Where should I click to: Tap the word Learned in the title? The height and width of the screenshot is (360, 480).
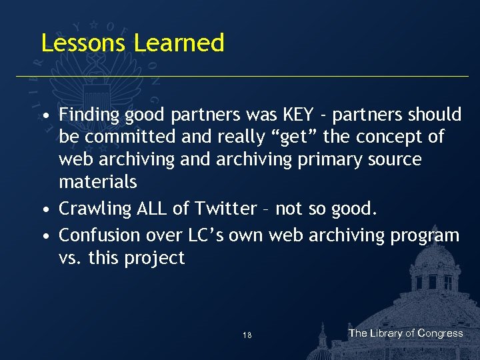click(x=179, y=43)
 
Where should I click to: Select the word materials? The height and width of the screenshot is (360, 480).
click(x=97, y=181)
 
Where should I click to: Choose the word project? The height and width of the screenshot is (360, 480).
click(x=157, y=259)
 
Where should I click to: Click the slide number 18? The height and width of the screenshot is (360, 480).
click(x=247, y=335)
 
